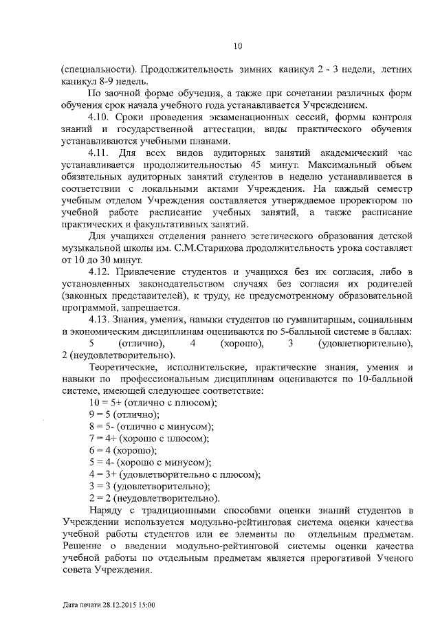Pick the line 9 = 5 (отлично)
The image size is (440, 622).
click(124, 414)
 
